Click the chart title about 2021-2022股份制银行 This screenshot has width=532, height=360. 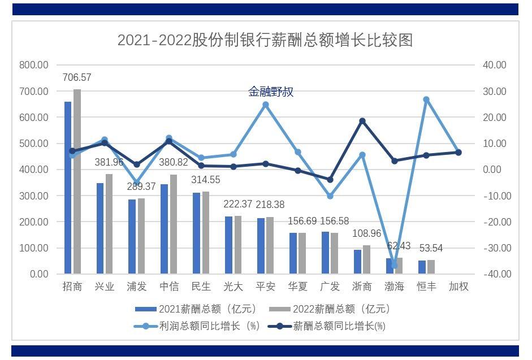265,40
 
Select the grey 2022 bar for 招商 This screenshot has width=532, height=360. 77,181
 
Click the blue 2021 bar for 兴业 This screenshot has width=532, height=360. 100,228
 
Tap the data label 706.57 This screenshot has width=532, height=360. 77,77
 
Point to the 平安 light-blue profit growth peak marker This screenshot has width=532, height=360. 266,105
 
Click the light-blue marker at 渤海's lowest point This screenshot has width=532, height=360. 394,265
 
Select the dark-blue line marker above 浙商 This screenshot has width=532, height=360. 362,121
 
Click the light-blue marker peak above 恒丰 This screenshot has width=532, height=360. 426,99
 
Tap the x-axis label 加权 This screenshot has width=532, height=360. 459,287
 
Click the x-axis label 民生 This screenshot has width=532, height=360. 201,287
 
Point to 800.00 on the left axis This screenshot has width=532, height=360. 34,65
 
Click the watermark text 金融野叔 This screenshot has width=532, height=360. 271,92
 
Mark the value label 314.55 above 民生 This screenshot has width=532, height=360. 205,180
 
